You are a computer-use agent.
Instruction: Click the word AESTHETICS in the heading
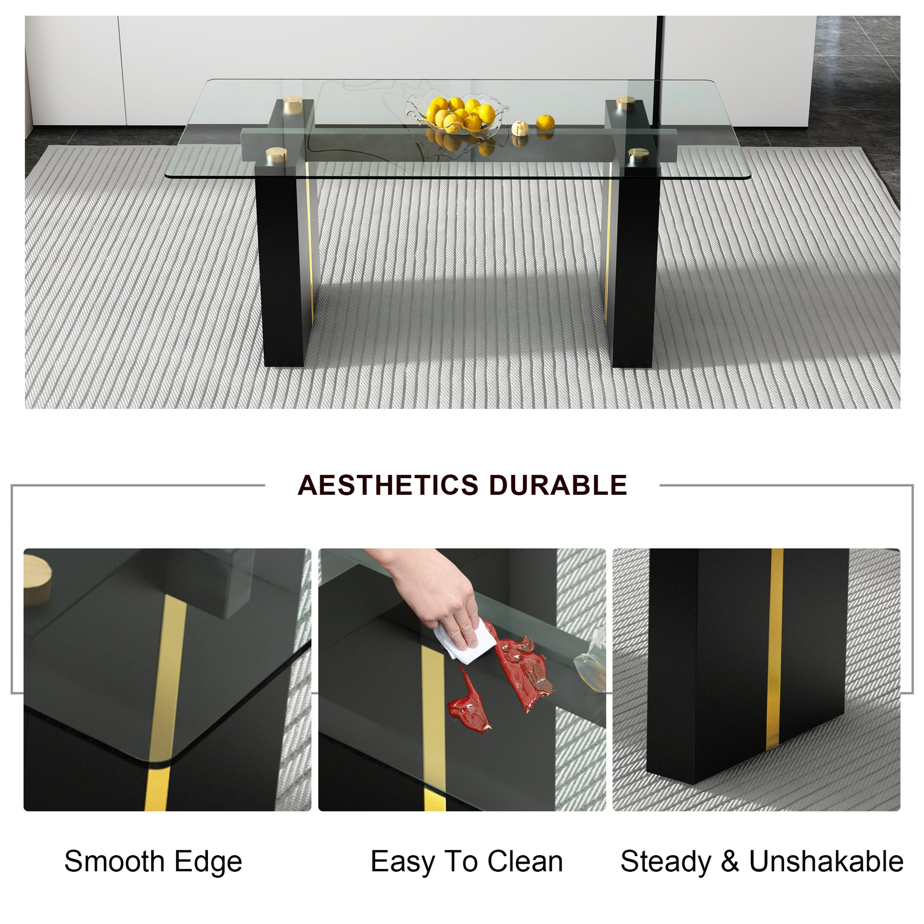point(388,485)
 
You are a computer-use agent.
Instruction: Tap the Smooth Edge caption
point(153,861)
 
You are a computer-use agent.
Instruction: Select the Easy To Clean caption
point(466,861)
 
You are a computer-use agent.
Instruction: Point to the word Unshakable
point(826,861)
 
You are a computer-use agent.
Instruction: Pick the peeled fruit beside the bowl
point(520,128)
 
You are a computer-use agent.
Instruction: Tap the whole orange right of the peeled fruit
point(545,122)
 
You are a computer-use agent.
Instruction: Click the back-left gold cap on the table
point(292,104)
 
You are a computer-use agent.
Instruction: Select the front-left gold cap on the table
point(276,154)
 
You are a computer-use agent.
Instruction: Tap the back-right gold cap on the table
point(625,103)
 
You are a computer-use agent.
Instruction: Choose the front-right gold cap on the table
point(639,154)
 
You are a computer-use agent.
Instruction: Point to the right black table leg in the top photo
point(634,268)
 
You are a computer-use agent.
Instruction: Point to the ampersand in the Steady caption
point(730,861)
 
